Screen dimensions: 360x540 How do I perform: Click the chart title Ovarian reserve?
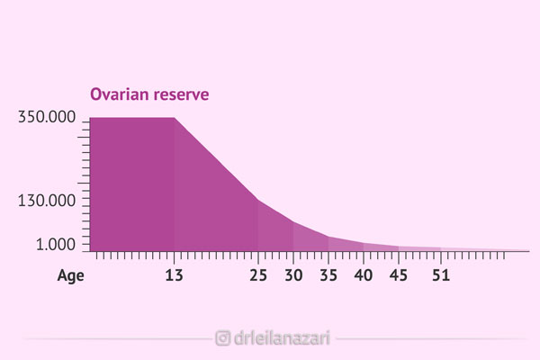(x=148, y=94)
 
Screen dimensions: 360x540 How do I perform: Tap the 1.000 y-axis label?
(x=55, y=244)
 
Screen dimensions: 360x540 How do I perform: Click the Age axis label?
(x=71, y=276)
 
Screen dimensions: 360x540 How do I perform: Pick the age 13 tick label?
(x=174, y=276)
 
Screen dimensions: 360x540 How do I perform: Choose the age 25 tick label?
(x=258, y=276)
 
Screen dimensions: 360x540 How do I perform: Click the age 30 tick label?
(x=293, y=276)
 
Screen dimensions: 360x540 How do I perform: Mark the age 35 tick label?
(x=328, y=276)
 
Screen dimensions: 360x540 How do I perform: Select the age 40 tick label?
(x=364, y=276)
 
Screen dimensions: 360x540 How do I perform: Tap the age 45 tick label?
(x=399, y=276)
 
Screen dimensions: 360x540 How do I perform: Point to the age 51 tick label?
(x=440, y=276)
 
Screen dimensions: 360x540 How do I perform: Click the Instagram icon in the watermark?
(x=222, y=338)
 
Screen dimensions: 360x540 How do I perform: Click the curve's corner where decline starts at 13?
(x=174, y=118)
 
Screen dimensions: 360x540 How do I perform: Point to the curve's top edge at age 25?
(x=258, y=200)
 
